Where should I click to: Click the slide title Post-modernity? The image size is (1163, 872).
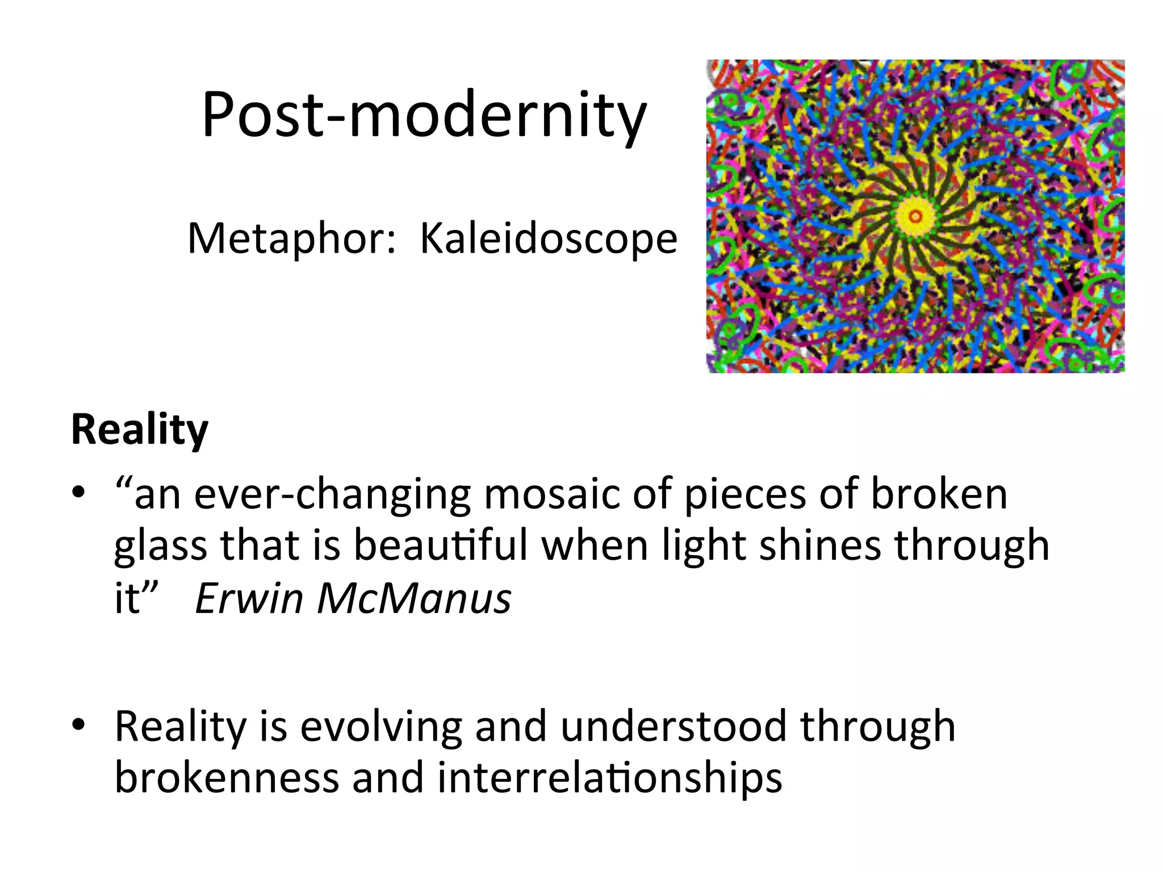424,115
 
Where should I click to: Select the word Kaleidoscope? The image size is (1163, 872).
549,238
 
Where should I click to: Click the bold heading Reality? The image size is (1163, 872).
140,430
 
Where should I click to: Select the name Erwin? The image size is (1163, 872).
249,598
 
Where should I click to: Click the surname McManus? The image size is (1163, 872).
414,598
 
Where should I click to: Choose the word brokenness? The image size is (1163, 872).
227,778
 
